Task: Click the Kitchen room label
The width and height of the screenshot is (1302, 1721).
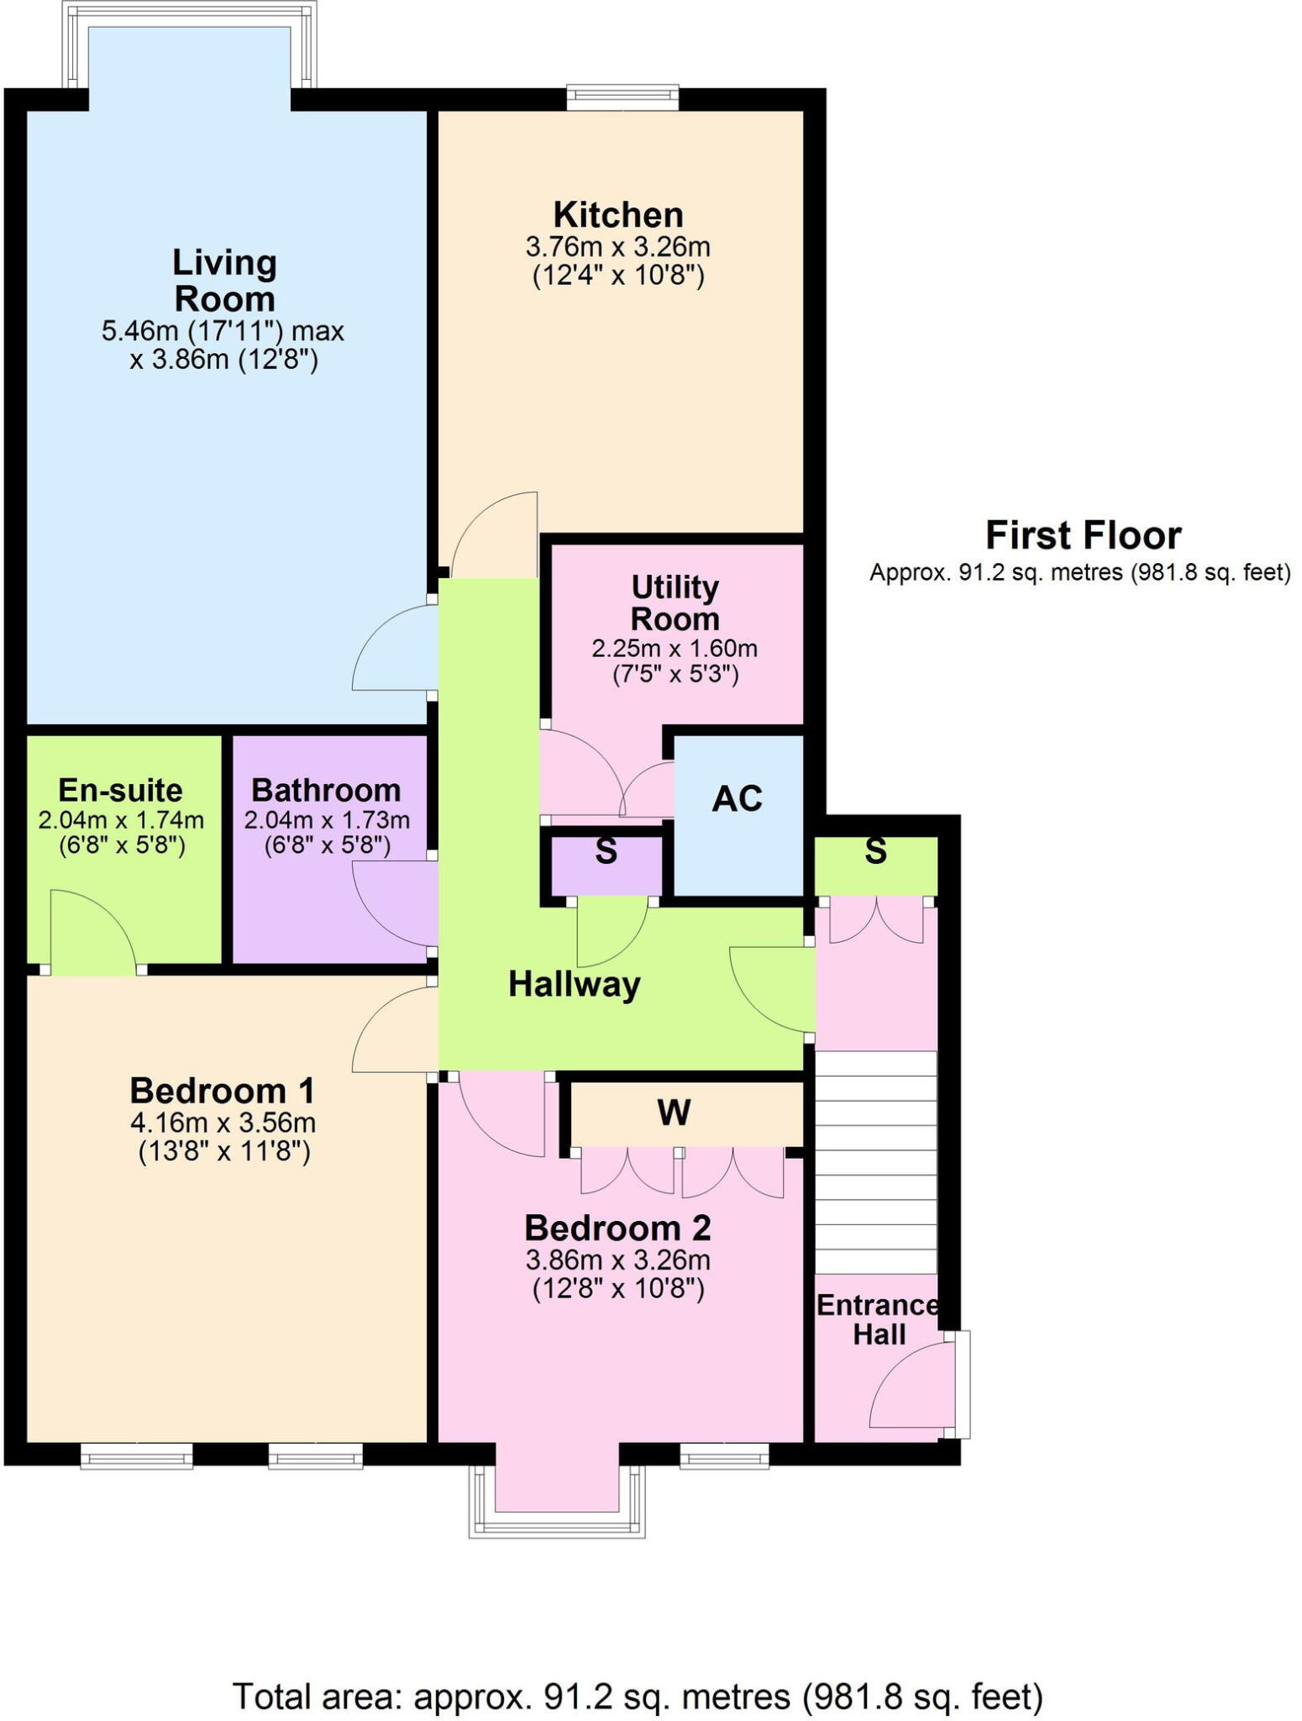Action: pyautogui.click(x=617, y=215)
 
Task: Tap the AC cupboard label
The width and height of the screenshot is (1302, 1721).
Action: pyautogui.click(x=737, y=799)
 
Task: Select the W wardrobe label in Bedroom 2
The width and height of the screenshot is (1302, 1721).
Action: pyautogui.click(x=674, y=1113)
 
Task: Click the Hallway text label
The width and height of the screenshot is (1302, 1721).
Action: pyautogui.click(x=574, y=984)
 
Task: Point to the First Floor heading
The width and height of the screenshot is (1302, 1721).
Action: pyautogui.click(x=1083, y=535)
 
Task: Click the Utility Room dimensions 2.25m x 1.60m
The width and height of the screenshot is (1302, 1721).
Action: pyautogui.click(x=675, y=649)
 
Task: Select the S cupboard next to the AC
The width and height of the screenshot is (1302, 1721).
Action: pyautogui.click(x=606, y=852)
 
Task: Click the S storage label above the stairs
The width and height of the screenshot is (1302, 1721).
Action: pyautogui.click(x=875, y=852)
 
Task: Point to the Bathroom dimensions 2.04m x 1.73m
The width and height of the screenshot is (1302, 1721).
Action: pyautogui.click(x=327, y=820)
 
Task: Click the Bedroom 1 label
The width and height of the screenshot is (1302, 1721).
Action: pyautogui.click(x=223, y=1091)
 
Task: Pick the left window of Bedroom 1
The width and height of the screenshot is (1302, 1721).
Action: pyautogui.click(x=137, y=1455)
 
